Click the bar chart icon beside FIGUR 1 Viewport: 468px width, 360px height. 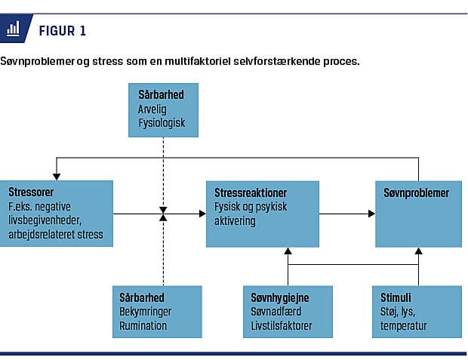coord(13,29)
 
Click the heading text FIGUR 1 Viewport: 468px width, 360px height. coord(63,31)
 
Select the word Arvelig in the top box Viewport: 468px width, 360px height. coord(152,109)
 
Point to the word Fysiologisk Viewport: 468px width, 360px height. coord(162,123)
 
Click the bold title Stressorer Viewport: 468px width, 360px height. coord(31,192)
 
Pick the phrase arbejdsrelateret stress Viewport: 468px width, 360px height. coord(56,234)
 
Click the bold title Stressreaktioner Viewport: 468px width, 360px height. coord(251,193)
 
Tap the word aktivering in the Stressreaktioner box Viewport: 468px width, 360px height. coord(235,221)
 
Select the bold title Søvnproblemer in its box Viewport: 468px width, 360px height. coord(416,193)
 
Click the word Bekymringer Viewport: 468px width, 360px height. coord(146,312)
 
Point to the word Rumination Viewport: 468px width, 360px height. coord(143,325)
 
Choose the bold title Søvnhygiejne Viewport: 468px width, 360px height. coord(279,297)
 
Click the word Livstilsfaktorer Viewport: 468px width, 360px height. coord(281,326)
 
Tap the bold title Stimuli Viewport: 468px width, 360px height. coord(396,297)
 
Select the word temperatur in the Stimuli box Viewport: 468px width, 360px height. coord(403,326)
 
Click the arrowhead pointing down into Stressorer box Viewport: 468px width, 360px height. coord(57,177)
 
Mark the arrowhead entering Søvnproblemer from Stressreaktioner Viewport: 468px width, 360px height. coord(371,214)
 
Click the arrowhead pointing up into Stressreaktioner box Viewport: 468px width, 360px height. coord(288,251)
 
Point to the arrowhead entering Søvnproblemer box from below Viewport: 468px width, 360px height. coord(418,251)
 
